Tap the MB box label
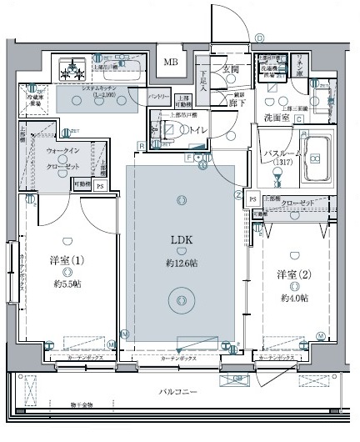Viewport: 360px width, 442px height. [169, 62]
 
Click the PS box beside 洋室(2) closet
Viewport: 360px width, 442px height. [252, 201]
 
